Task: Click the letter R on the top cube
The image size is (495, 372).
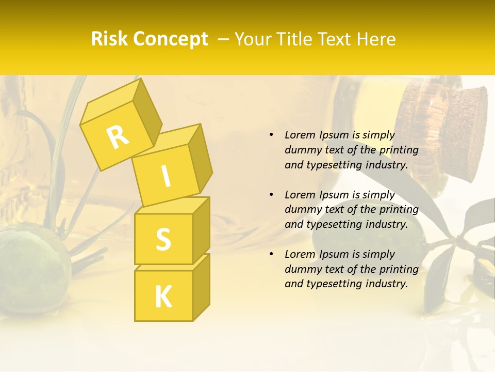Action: (118, 137)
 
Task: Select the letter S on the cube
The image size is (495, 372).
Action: (163, 239)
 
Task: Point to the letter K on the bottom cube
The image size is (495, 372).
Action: (163, 297)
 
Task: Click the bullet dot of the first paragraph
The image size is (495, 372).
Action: (271, 135)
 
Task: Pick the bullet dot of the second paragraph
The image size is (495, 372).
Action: (271, 195)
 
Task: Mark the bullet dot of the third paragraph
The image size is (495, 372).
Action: (271, 254)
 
